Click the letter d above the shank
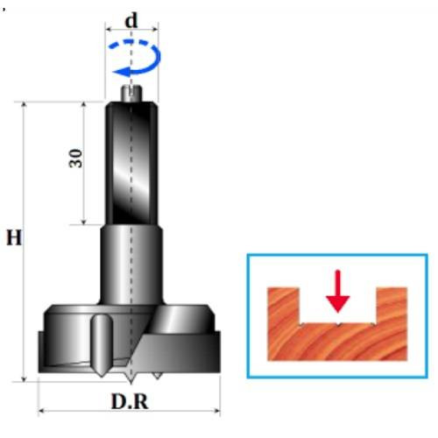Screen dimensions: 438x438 point(131,20)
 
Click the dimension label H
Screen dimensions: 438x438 point(14,237)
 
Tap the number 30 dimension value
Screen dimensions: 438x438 point(75,159)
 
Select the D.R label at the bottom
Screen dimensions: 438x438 point(130,402)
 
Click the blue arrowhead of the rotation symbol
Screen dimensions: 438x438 point(121,71)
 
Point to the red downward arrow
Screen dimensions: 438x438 point(338,291)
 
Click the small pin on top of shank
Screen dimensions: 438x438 point(131,93)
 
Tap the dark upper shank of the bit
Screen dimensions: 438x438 point(131,163)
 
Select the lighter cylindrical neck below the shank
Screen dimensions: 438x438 point(131,265)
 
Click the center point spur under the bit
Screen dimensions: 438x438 point(131,378)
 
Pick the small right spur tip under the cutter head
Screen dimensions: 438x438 point(157,376)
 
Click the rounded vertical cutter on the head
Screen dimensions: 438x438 point(102,345)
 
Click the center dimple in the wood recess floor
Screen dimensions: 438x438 point(338,324)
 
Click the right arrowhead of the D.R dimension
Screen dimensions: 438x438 point(217,411)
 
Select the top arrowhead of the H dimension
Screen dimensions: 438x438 point(24,105)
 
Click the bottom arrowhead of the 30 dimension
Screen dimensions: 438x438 point(83,222)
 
